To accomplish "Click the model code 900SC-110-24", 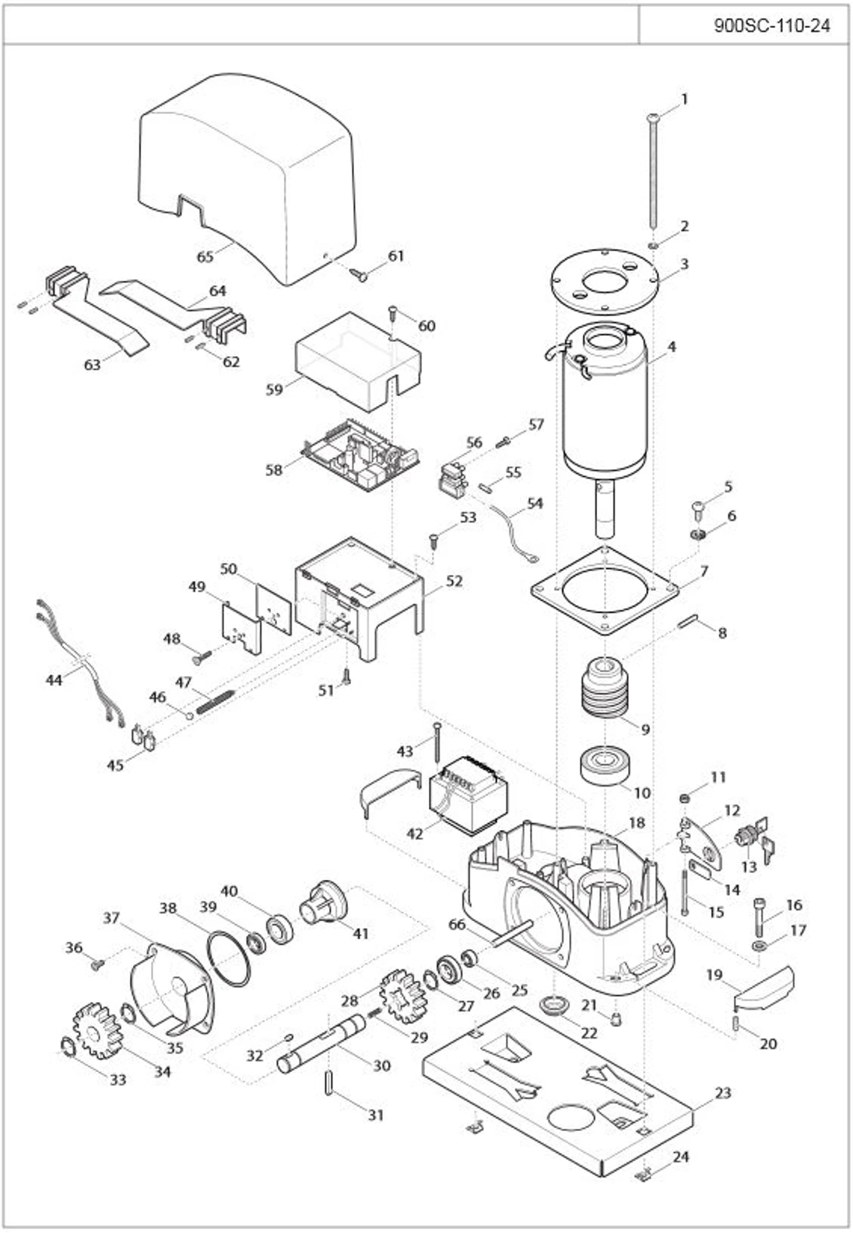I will (771, 26).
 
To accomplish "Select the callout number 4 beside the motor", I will (671, 347).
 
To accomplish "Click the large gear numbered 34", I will (96, 1030).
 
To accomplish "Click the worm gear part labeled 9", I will (605, 688).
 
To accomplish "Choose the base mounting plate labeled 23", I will (556, 1089).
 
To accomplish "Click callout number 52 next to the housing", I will (454, 581).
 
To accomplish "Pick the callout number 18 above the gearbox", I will (637, 823).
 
